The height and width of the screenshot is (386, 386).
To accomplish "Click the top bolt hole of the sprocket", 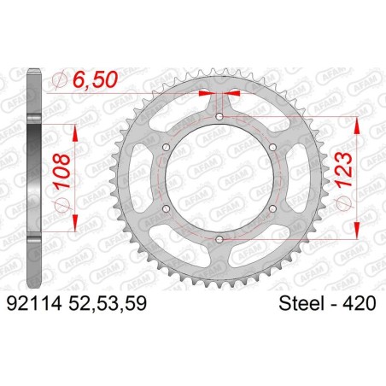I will coord(219,115).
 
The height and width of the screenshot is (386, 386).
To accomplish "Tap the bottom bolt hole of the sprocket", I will coord(219,240).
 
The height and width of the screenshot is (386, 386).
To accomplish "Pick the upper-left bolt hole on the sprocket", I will coord(165,147).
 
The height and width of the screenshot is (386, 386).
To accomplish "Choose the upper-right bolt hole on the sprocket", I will coord(273,147).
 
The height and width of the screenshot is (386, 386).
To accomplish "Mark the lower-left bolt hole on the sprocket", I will coord(165,209).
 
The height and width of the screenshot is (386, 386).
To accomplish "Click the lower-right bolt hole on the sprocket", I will coord(273,209).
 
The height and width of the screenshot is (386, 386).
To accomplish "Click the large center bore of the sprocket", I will coord(219,178).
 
